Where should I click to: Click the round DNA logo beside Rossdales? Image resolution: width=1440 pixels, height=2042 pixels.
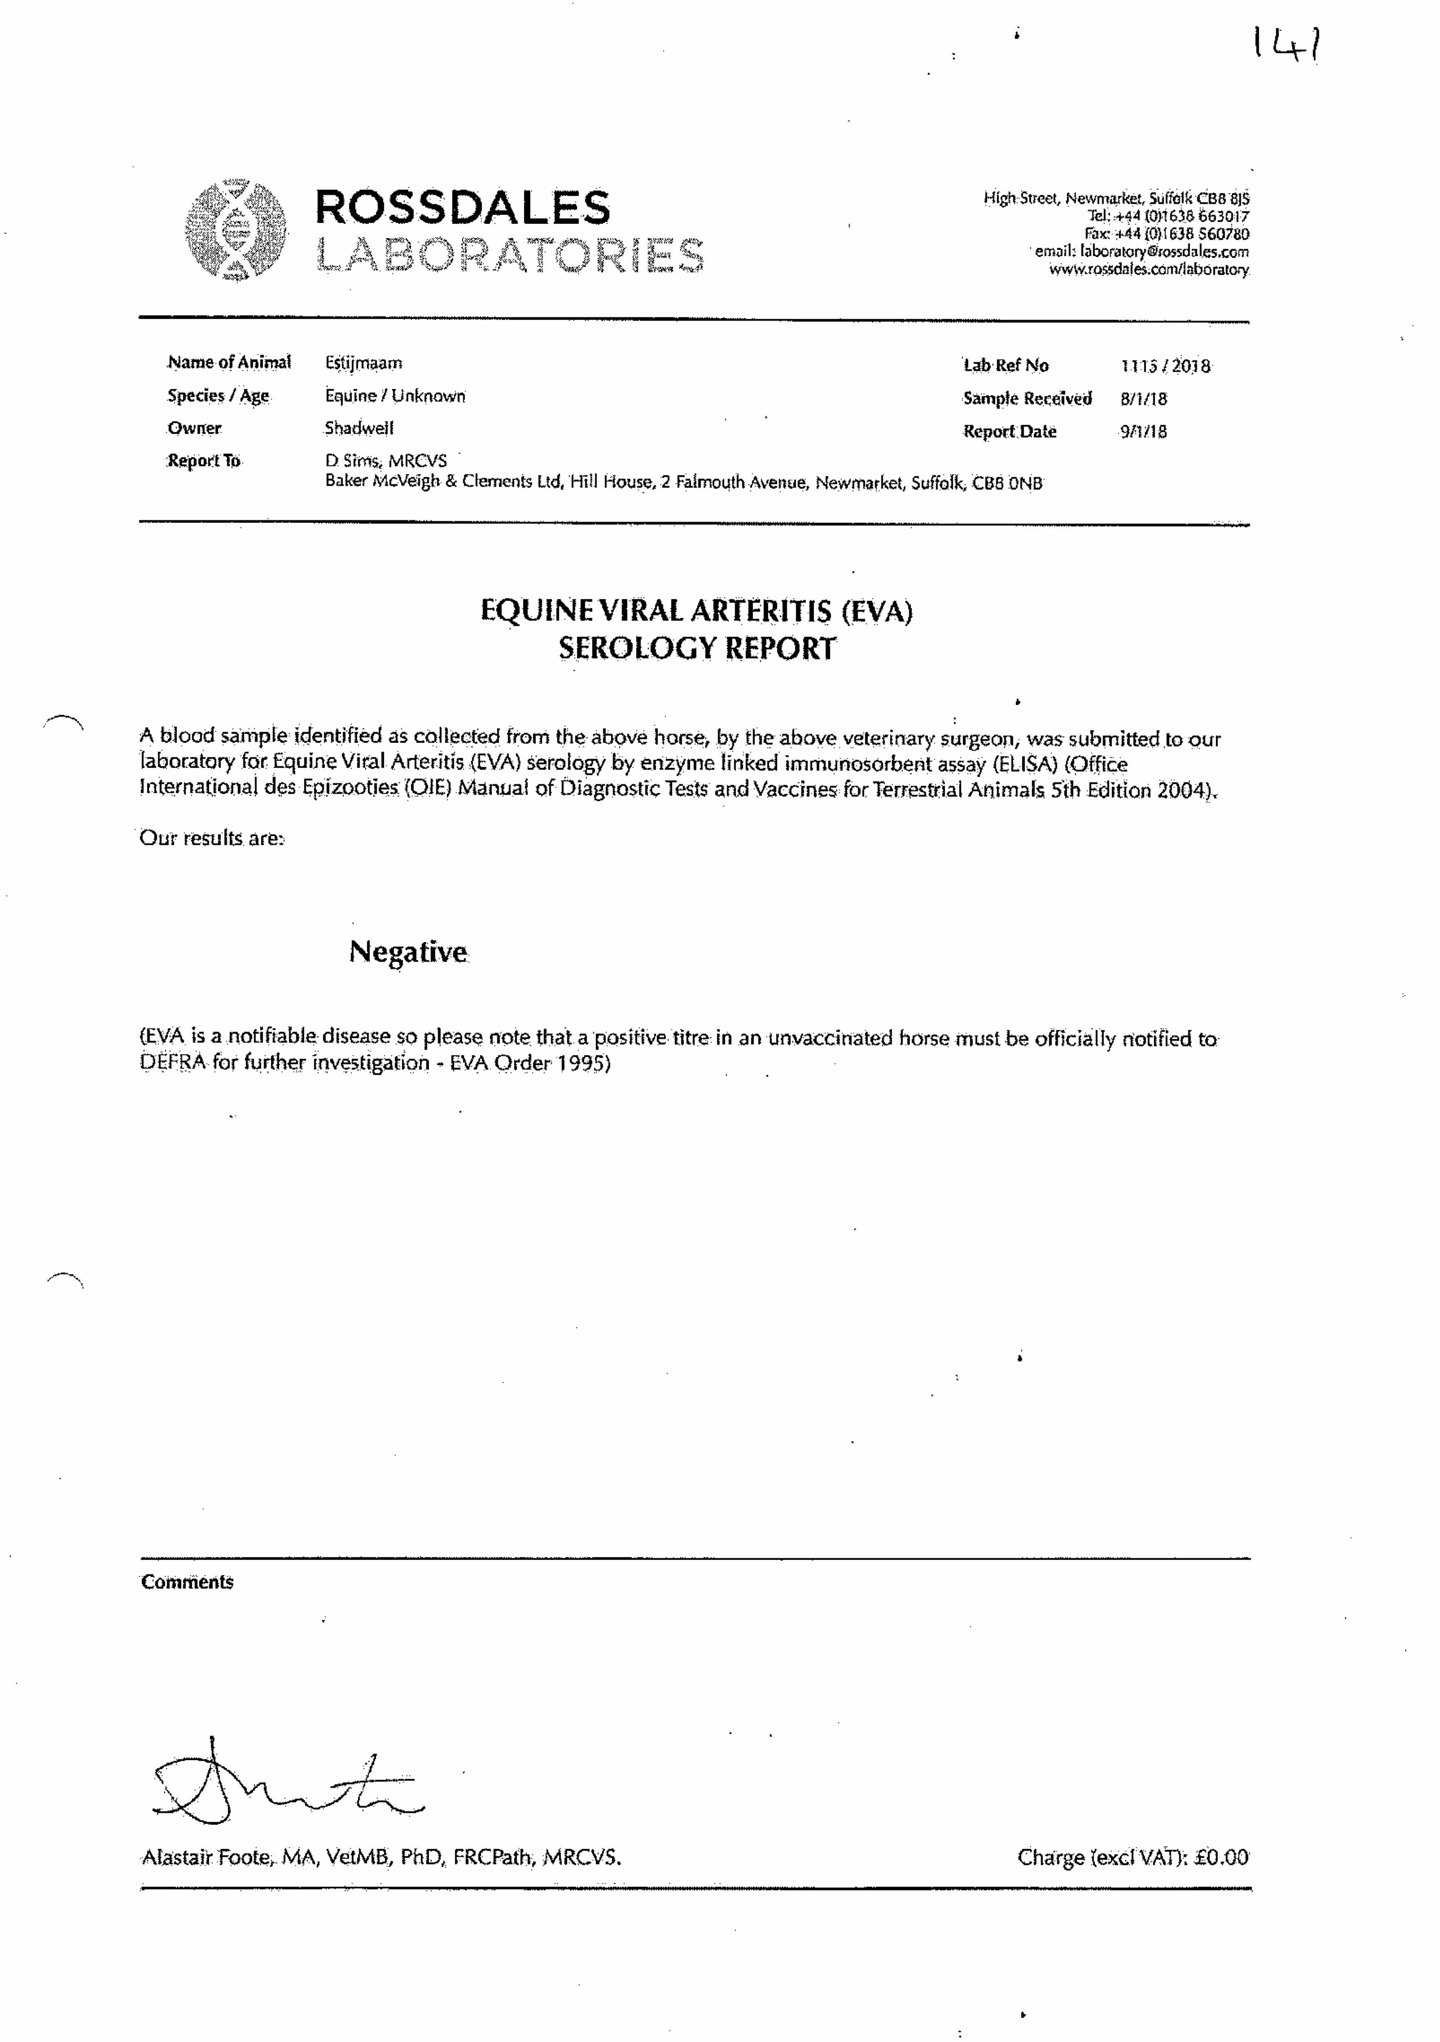pyautogui.click(x=236, y=230)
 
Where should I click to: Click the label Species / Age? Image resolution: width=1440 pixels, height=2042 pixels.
pyautogui.click(x=218, y=396)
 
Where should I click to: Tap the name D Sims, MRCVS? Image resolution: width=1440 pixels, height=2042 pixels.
pyautogui.click(x=386, y=461)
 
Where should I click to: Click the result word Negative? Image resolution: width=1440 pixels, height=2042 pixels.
pyautogui.click(x=408, y=952)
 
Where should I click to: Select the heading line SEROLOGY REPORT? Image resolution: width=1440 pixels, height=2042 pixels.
pyautogui.click(x=697, y=649)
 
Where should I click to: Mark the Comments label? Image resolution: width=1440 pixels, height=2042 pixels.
pyautogui.click(x=187, y=1581)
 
